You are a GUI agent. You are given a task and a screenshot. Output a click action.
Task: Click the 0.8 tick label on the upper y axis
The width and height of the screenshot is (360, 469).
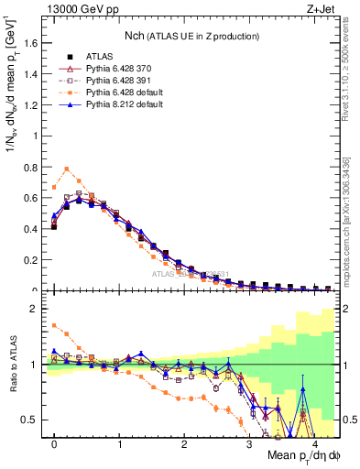point(32,167)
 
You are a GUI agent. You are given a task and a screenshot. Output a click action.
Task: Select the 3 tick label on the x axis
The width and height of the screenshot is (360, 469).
point(249,444)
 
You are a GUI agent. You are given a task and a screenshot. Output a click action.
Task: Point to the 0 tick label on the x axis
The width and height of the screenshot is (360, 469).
point(54,444)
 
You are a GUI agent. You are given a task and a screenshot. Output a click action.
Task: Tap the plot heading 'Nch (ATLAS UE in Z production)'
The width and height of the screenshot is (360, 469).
point(191,36)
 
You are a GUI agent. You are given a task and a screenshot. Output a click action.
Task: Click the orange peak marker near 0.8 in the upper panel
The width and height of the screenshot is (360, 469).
point(67,168)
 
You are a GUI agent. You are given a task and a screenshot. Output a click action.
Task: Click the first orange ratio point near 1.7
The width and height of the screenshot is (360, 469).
point(54,325)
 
